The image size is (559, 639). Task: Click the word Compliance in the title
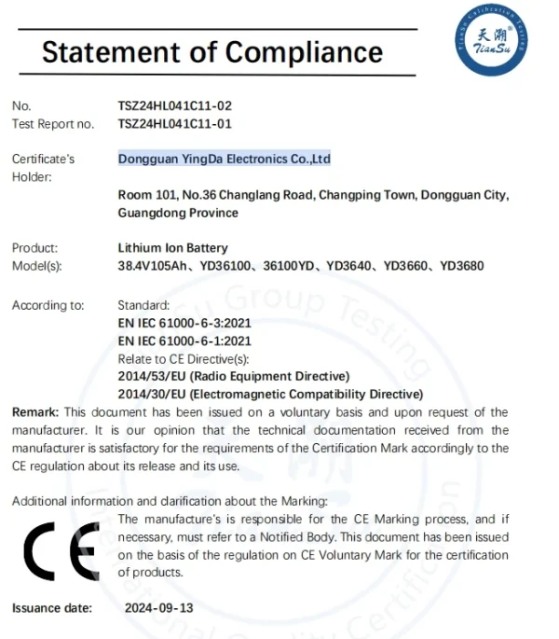tap(304, 50)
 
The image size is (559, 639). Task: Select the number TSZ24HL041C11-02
tap(174, 106)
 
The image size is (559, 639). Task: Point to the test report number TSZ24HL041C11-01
tap(174, 123)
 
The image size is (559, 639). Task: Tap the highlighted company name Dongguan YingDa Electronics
tap(224, 160)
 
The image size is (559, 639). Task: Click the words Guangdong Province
tap(178, 213)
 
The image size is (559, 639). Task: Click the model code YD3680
tap(462, 266)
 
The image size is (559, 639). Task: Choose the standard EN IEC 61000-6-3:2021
tap(184, 323)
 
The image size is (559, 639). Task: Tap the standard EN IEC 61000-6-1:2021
tap(184, 340)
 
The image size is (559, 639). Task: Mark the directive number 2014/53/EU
tap(152, 376)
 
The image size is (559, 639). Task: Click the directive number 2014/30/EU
tap(152, 394)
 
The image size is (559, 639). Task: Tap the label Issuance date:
tap(52, 608)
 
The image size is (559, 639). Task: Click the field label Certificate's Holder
tap(43, 168)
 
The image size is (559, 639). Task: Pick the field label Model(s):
tap(36, 266)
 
